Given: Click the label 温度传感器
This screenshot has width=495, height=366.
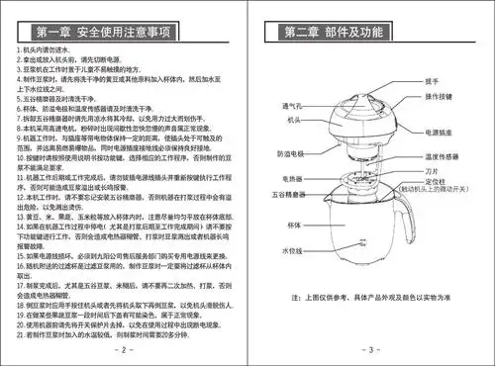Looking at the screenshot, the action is click(x=445, y=156).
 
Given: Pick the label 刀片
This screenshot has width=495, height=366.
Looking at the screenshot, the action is click(x=431, y=169).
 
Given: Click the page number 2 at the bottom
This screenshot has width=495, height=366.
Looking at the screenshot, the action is click(x=124, y=349).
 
